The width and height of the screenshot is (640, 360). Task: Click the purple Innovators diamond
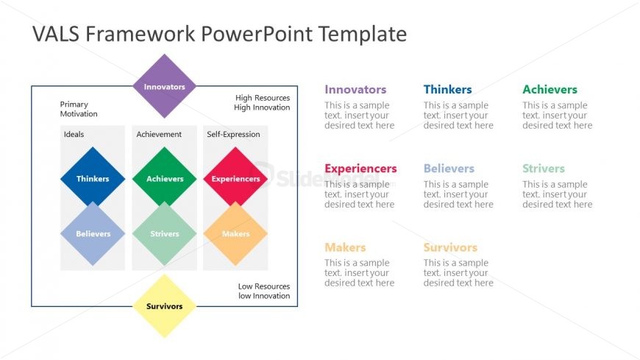[x=164, y=87]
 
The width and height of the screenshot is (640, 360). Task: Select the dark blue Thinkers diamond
[x=92, y=178]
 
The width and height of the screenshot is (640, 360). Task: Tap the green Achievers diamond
[x=164, y=178]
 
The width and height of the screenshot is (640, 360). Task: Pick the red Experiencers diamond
[x=235, y=178]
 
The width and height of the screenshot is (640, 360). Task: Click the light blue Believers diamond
[x=92, y=234]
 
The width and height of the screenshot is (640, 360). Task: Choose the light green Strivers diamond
[x=164, y=234]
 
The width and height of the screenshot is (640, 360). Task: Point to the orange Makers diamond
[x=235, y=234]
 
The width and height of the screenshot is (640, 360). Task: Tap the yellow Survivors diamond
[x=164, y=306]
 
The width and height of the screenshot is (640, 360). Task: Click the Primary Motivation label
[x=79, y=109]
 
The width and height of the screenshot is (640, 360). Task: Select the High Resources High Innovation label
[x=262, y=102]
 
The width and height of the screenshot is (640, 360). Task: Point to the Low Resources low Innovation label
[x=263, y=291]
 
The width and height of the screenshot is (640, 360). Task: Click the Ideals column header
[x=74, y=135]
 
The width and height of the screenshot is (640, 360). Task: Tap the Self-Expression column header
[x=233, y=135]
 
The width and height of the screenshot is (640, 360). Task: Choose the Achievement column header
[x=159, y=135]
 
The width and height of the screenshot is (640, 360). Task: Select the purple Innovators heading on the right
[x=355, y=90]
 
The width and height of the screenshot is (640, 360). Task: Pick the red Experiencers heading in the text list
[x=360, y=169]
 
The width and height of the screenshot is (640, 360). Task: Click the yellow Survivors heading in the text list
[x=450, y=247]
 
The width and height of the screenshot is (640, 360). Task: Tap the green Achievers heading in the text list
[x=550, y=90]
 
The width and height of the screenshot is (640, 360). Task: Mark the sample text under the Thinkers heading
[x=458, y=116]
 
